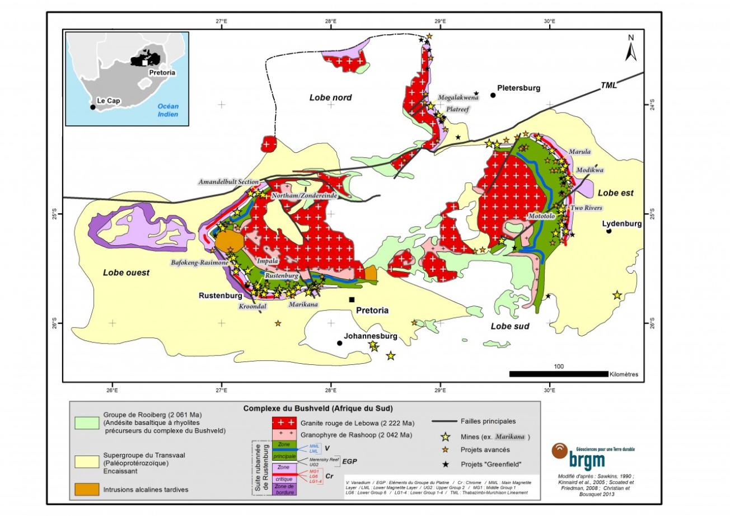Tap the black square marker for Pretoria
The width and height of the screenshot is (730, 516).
pos(352,299)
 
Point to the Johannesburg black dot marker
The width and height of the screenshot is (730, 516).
pos(339,343)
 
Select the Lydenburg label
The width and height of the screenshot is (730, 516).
pos(622,223)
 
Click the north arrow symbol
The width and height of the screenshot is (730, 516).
pos(631,49)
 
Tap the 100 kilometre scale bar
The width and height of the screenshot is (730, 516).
pos(558,373)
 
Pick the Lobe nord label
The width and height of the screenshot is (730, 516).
pos(330,98)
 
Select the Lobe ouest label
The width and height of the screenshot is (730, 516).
pos(126,273)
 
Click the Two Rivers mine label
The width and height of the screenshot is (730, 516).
pos(586,208)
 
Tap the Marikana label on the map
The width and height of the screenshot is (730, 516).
pos(304,305)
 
